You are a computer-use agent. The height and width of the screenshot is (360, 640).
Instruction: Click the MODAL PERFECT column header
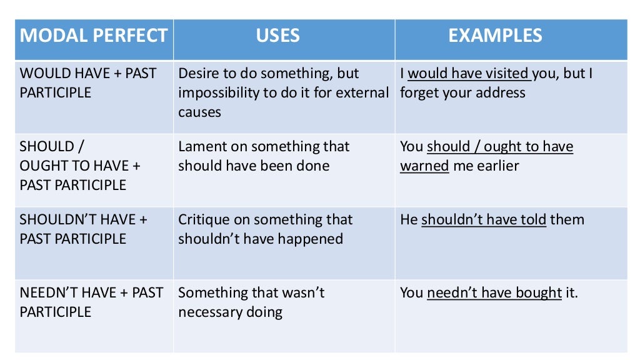94,35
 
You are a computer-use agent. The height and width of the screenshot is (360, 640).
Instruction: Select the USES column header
277,35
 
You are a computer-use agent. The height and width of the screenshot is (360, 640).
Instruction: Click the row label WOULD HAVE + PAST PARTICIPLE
88,83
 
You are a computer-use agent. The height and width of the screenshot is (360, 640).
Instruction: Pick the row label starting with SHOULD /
80,166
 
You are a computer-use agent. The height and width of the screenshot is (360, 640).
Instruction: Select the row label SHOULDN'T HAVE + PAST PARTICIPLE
83,229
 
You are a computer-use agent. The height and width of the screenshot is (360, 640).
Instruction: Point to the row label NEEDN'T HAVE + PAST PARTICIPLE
91,302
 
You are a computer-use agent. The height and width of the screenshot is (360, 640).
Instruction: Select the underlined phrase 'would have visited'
468,74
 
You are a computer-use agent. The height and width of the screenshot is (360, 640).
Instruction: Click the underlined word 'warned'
424,166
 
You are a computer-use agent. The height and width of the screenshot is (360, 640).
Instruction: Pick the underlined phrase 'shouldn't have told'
484,220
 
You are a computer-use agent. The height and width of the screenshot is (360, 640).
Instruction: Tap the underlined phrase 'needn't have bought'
494,292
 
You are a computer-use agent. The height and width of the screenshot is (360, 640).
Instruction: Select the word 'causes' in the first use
199,112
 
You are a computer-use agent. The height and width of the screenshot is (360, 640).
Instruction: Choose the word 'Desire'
198,74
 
